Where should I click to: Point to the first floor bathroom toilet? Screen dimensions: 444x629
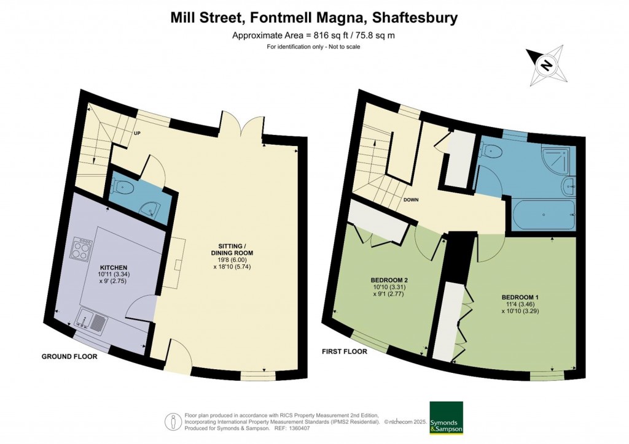click(493, 151)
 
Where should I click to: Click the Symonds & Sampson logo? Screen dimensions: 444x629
click(447, 418)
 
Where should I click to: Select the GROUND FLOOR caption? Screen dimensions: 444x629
click(69, 356)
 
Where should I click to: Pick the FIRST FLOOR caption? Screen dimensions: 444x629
click(345, 352)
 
